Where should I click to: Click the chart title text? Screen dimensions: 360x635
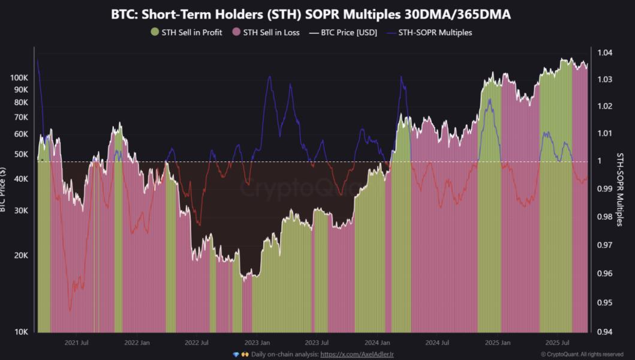coord(311,14)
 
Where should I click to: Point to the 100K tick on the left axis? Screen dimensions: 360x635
coord(19,78)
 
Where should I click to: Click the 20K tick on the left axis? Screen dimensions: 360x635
coord(21,256)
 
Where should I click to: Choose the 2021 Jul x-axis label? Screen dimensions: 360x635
coord(77,343)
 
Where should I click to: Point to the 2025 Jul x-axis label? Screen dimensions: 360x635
coord(557,343)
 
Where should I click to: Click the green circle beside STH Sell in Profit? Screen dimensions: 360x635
coord(155,32)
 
